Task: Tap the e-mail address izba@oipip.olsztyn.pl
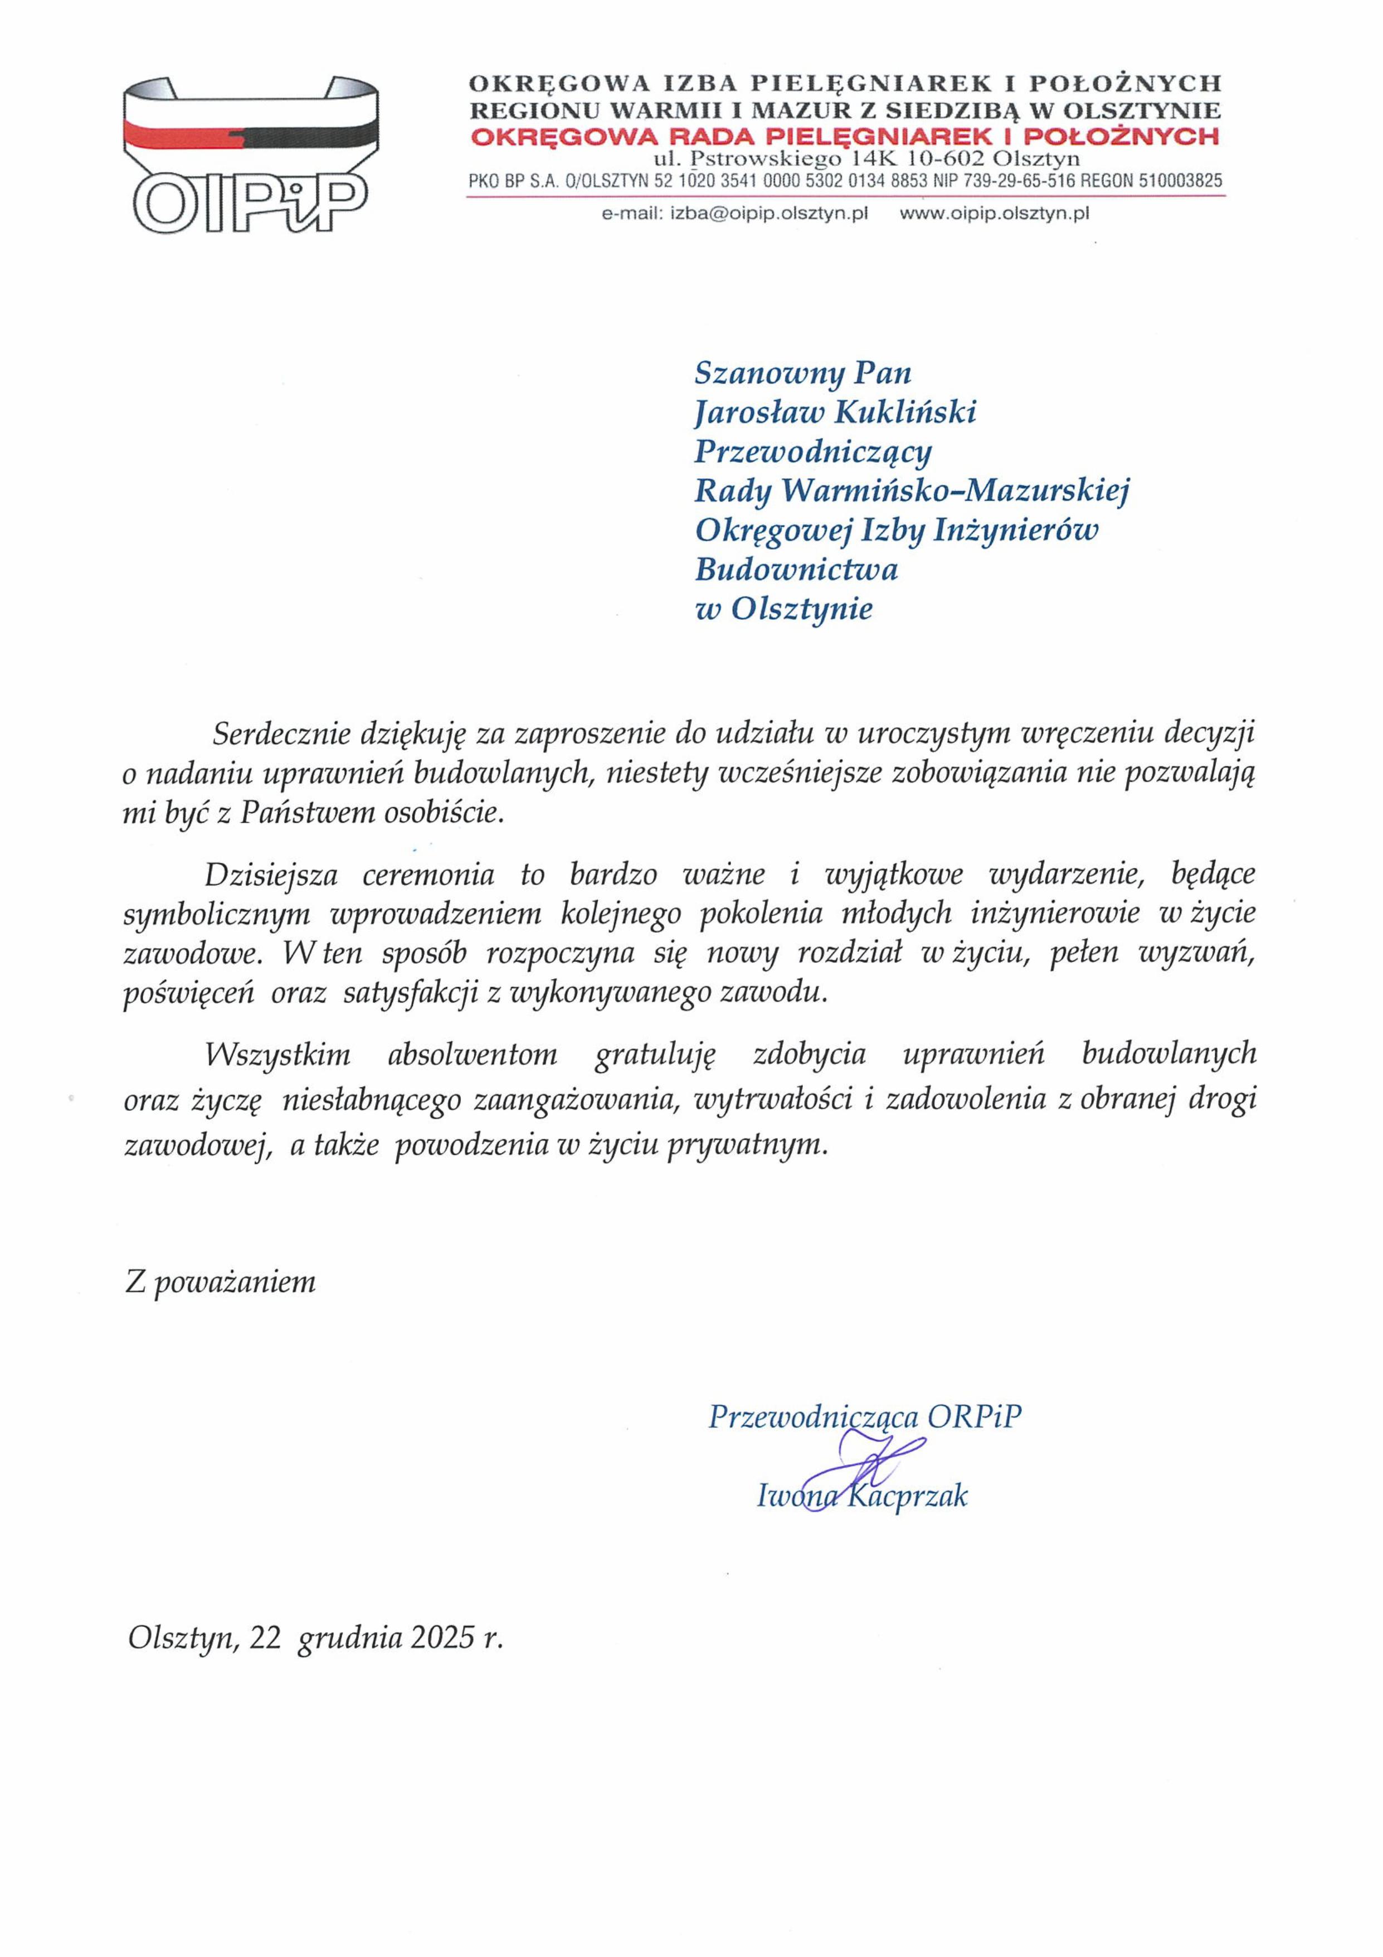point(770,215)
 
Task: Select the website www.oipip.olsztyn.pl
point(995,215)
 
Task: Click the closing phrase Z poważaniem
point(220,1281)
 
